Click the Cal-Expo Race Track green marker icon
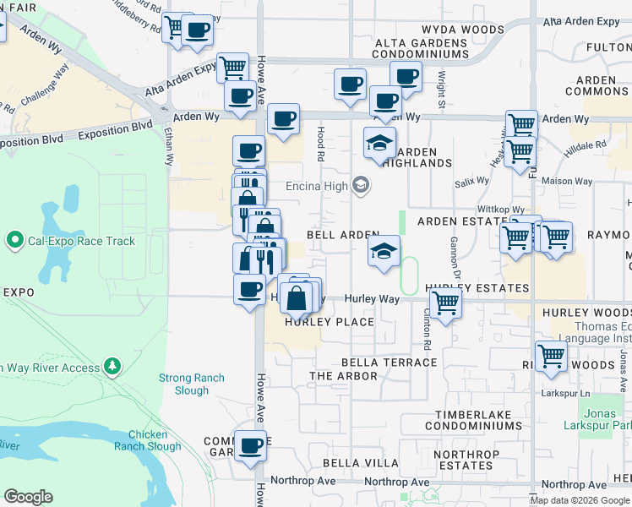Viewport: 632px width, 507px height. click(x=14, y=241)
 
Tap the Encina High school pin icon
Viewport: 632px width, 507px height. click(x=361, y=185)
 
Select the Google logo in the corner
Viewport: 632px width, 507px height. click(x=28, y=497)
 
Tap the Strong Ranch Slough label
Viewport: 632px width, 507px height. click(x=192, y=384)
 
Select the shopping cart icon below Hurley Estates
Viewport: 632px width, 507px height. click(x=445, y=303)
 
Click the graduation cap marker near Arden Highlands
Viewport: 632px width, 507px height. click(x=379, y=143)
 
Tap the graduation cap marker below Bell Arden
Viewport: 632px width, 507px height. click(x=384, y=250)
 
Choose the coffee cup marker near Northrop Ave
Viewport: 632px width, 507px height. click(x=249, y=446)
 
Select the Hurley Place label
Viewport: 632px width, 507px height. click(x=330, y=322)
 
